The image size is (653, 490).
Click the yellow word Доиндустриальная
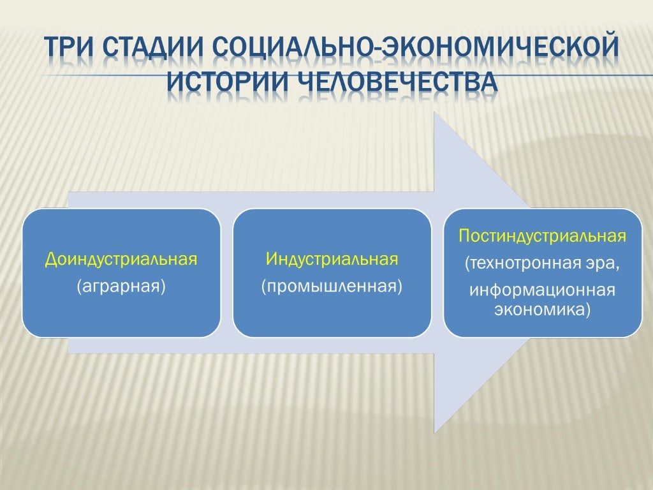[121, 260]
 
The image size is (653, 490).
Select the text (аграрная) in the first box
[121, 286]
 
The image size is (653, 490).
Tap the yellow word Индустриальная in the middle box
[332, 260]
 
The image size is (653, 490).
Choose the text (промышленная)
[332, 286]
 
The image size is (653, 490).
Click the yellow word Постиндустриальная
[543, 237]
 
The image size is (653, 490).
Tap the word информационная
[543, 291]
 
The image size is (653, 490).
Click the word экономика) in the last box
[543, 309]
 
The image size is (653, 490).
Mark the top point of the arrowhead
[434, 112]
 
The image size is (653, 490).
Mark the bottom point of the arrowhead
[434, 433]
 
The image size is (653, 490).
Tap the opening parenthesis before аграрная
[78, 286]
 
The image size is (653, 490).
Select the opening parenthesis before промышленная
[263, 286]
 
